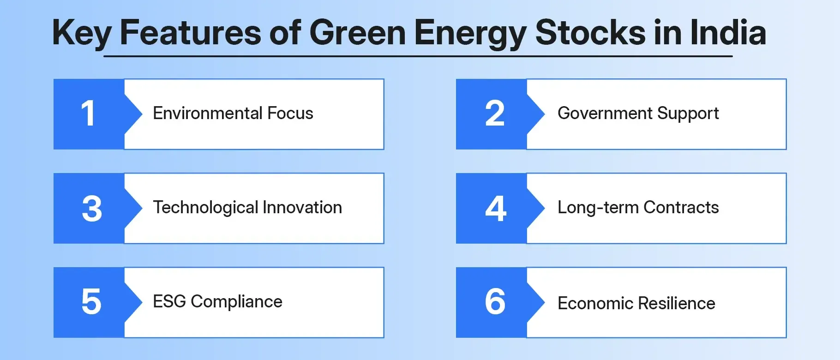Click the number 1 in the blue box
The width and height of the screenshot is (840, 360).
click(x=88, y=114)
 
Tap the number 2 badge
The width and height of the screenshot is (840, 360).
click(x=495, y=114)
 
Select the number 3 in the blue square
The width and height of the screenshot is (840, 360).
click(x=91, y=209)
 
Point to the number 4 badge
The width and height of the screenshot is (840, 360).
click(x=496, y=209)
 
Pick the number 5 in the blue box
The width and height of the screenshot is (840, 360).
click(x=91, y=302)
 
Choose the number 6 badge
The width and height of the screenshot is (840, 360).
click(x=495, y=302)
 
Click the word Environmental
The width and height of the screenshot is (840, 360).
click(x=208, y=114)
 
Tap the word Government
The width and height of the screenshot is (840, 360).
click(x=604, y=114)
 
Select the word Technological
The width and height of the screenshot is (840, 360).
click(x=205, y=208)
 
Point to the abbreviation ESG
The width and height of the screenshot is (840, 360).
click(x=169, y=302)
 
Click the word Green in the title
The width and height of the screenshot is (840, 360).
click(x=357, y=33)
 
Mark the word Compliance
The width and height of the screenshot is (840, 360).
click(x=236, y=302)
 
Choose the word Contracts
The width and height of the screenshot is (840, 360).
click(x=681, y=208)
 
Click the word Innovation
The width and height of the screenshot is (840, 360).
click(x=302, y=208)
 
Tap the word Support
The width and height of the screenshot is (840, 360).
click(x=688, y=114)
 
